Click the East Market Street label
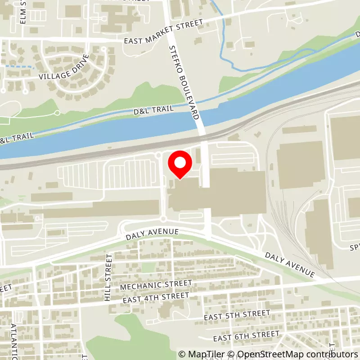pyautogui.click(x=164, y=31)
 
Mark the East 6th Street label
pyautogui.click(x=247, y=336)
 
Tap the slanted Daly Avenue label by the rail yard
pyautogui.click(x=289, y=264)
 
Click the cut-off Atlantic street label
pyautogui.click(x=13, y=340)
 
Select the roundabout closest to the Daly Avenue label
pyautogui.click(x=163, y=219)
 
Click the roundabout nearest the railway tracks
pyautogui.click(x=158, y=155)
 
